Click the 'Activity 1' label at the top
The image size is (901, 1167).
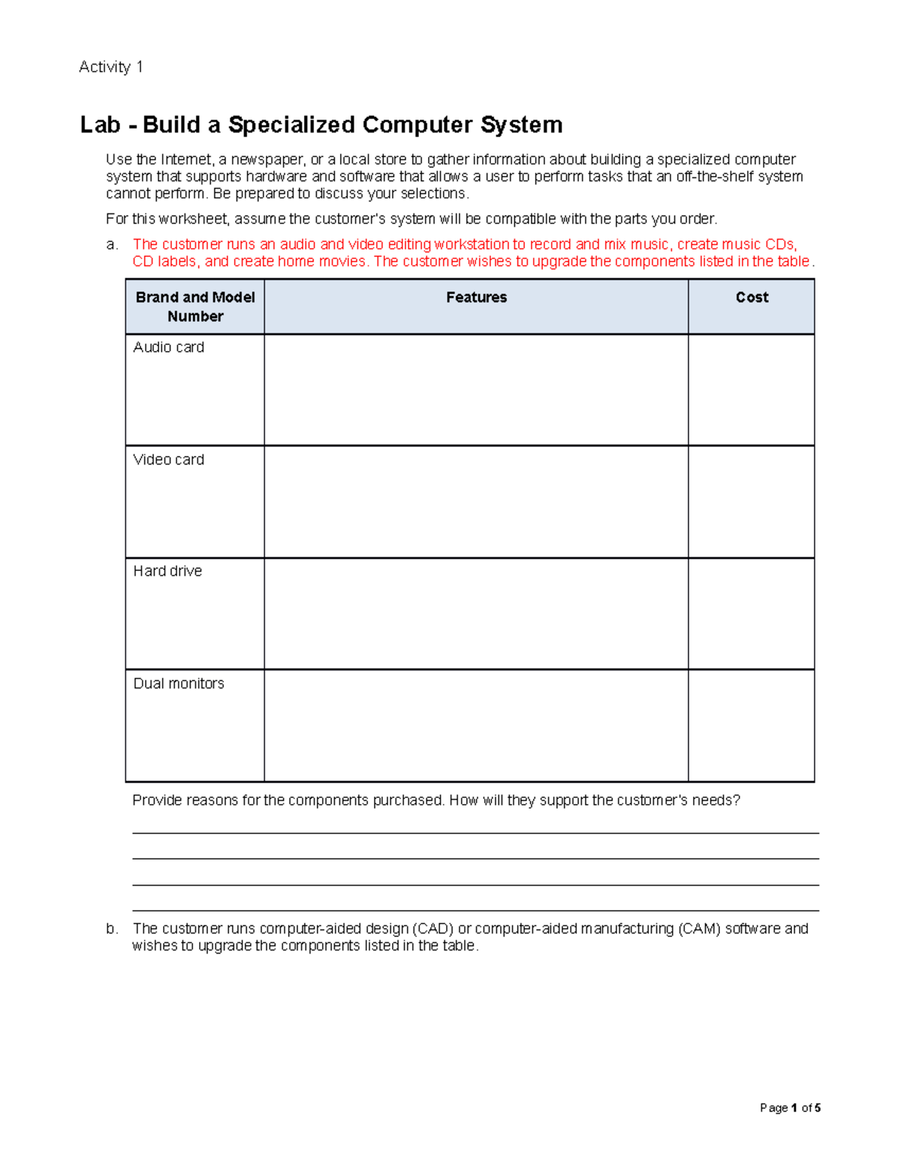coord(110,67)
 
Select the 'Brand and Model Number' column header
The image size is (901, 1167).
coord(195,307)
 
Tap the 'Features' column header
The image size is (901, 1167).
coord(476,298)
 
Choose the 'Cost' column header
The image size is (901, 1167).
coord(752,298)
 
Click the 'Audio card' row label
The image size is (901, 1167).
coord(168,347)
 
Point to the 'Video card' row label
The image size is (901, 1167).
coord(168,460)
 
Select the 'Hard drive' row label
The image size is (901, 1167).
coord(167,571)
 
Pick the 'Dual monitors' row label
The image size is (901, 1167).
coord(179,684)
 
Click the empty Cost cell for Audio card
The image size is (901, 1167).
coord(752,390)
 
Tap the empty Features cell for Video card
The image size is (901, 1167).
coord(476,502)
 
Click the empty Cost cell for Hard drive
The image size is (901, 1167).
coord(752,614)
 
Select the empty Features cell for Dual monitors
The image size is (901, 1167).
coord(476,726)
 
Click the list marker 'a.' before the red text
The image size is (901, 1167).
coord(112,244)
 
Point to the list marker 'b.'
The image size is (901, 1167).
coord(112,929)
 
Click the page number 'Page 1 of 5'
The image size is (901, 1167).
coord(790,1108)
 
